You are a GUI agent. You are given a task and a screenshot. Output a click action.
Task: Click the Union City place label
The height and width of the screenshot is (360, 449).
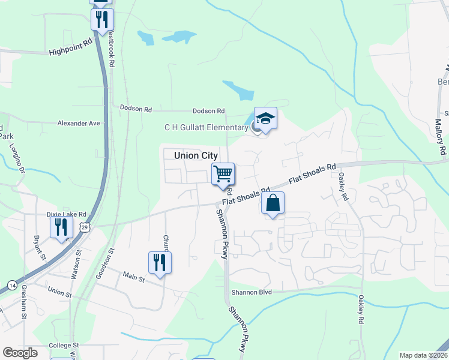click(x=195, y=155)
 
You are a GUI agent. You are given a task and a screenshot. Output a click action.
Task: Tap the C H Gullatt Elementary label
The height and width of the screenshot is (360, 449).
click(x=206, y=127)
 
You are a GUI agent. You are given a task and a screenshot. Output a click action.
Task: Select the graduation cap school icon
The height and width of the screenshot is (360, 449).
click(x=265, y=119)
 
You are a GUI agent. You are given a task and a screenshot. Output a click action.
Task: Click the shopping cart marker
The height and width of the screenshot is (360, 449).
click(x=223, y=174)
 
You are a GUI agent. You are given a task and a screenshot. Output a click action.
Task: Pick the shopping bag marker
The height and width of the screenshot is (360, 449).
click(x=273, y=203)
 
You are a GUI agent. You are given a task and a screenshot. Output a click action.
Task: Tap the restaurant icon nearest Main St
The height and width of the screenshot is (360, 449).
click(x=160, y=263)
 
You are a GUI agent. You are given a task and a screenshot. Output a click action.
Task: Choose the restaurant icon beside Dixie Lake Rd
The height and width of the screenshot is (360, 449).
click(x=61, y=227)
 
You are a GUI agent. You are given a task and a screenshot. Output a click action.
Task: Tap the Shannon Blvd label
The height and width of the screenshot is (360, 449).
click(x=252, y=292)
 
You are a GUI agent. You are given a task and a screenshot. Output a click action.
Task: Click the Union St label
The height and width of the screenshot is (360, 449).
click(x=59, y=294)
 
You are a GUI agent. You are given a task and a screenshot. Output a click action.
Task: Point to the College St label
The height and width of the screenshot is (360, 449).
click(x=64, y=345)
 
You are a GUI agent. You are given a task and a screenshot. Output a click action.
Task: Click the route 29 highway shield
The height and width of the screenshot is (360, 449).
click(x=85, y=227)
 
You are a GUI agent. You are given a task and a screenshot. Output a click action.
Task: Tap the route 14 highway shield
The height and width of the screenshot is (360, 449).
click(x=12, y=284)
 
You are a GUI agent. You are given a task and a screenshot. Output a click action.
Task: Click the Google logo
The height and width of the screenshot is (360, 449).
click(x=20, y=353)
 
